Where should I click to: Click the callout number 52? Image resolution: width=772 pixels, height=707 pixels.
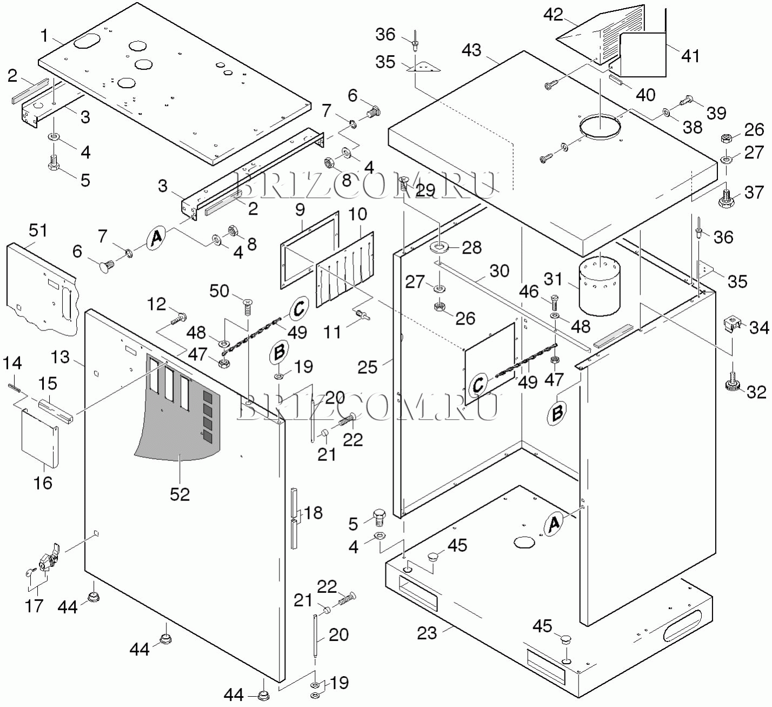pos(179,494)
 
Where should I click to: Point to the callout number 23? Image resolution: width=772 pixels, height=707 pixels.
pos(427,632)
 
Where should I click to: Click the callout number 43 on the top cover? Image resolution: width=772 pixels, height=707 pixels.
pos(471,50)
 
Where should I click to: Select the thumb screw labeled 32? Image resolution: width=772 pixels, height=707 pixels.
pos(734,383)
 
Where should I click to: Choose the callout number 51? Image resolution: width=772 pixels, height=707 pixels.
pos(38,230)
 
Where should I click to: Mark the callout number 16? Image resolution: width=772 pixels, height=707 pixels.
pos(43,482)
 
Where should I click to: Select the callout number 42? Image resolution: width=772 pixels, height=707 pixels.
pos(553,15)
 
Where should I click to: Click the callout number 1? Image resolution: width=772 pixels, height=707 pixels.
pos(45,36)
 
